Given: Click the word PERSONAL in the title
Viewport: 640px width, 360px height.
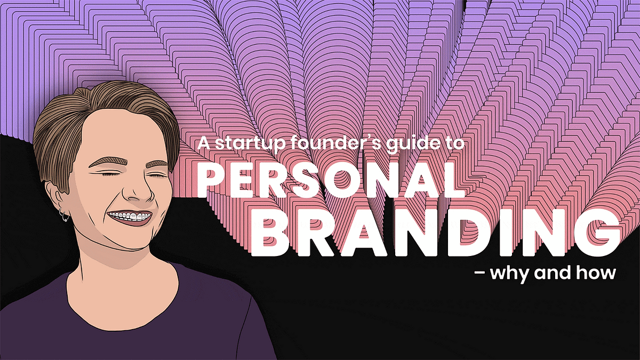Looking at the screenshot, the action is (331, 181).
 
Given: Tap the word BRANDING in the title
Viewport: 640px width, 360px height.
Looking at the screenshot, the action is (435, 232).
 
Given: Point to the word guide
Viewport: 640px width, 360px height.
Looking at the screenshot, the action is (413, 143).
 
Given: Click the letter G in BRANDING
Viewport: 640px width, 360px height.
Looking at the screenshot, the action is (598, 233).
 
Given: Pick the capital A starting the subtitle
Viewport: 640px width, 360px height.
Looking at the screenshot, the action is (204, 143).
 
